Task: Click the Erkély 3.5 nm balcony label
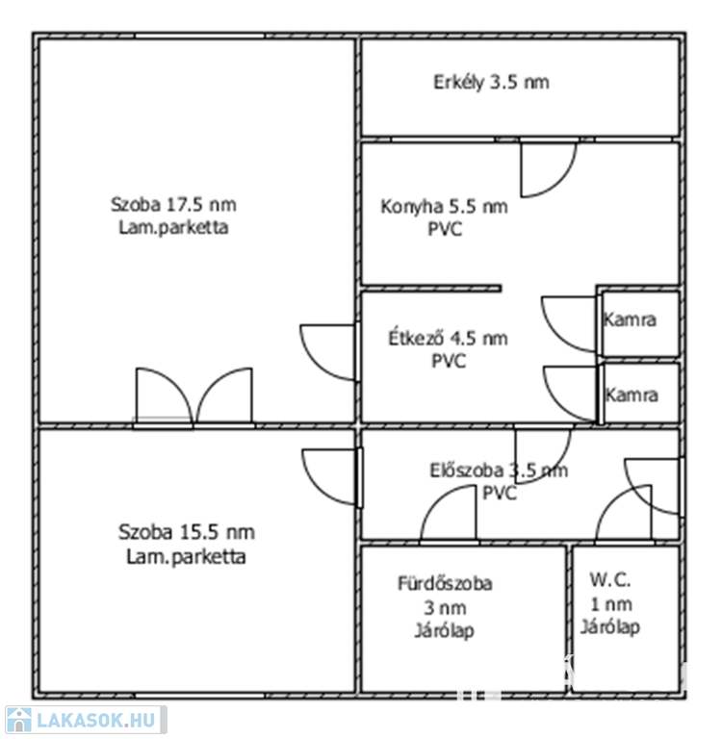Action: click(x=491, y=83)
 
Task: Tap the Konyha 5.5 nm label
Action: click(x=444, y=207)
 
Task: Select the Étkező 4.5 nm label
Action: click(x=448, y=338)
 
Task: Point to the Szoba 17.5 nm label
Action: click(x=173, y=205)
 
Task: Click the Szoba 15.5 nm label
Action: click(x=187, y=532)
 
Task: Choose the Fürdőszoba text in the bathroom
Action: click(x=445, y=583)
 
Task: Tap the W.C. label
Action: click(x=609, y=579)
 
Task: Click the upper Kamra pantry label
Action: click(x=630, y=319)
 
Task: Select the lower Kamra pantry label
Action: click(x=631, y=395)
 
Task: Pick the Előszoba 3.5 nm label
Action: click(x=499, y=471)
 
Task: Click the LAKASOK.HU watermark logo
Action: click(x=86, y=720)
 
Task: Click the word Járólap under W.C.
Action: click(x=609, y=627)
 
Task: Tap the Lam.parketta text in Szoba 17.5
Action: click(x=173, y=228)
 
